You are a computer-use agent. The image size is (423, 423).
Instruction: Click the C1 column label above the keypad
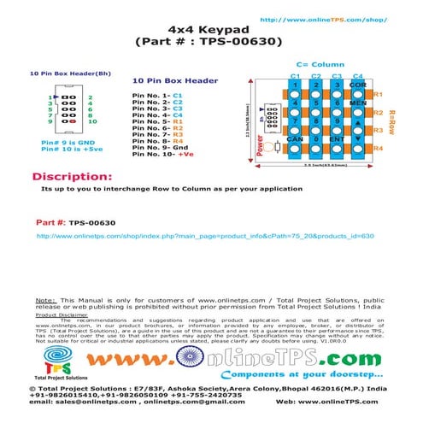(x=295, y=77)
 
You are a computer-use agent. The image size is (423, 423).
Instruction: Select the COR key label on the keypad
(x=358, y=86)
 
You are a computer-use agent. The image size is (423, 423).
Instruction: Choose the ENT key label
(x=337, y=138)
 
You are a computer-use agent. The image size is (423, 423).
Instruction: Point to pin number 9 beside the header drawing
(x=51, y=124)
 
